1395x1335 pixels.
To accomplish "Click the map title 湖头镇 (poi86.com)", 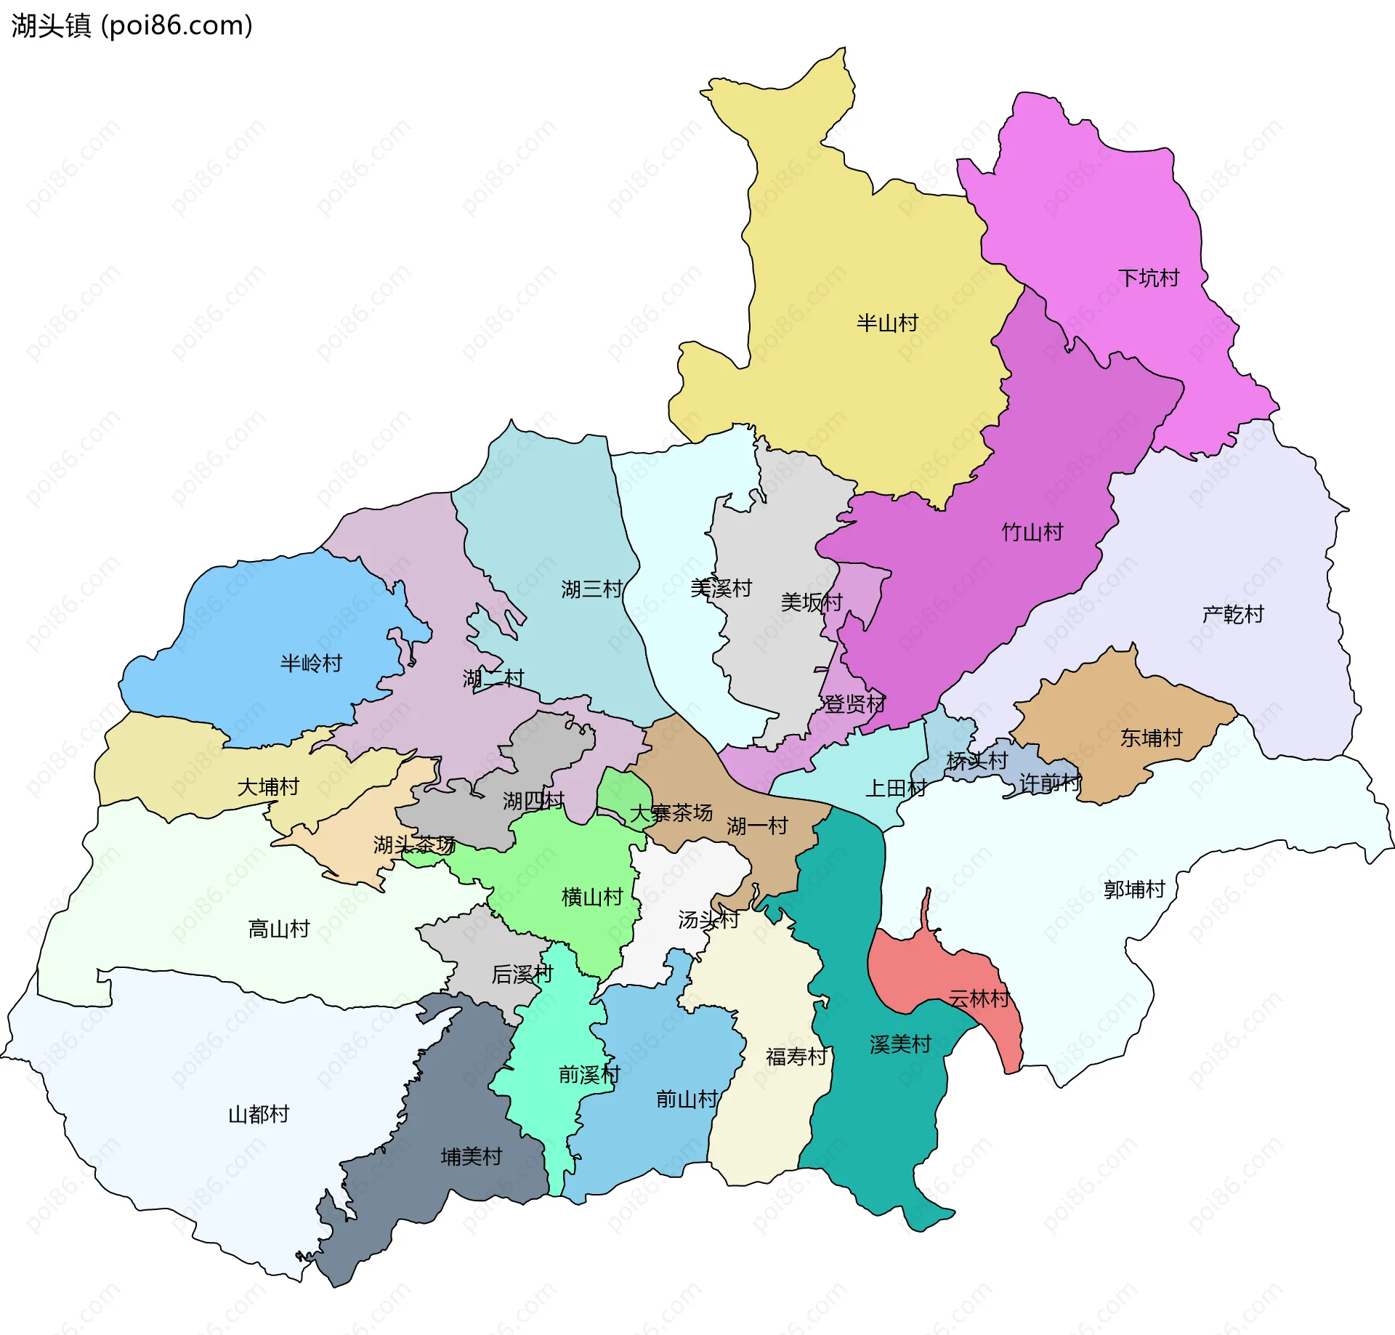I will [x=132, y=25].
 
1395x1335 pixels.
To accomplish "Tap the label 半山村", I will [x=886, y=323].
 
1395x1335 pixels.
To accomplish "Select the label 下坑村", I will [x=1148, y=278].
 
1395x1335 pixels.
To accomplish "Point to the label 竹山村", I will [x=1032, y=532].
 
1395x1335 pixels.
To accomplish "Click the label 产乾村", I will [x=1232, y=614].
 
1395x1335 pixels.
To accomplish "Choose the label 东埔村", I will [x=1151, y=738].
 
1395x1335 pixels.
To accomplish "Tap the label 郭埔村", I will [x=1133, y=889].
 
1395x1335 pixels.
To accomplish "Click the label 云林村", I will [x=979, y=999].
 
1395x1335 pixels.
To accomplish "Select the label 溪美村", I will [x=900, y=1044].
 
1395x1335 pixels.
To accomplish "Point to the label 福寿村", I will [x=796, y=1056].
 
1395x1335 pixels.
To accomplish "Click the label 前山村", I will [x=687, y=1098].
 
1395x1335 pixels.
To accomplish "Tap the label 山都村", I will [x=259, y=1113].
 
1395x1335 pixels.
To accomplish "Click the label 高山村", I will [x=279, y=928].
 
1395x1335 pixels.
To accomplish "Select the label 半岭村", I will [x=311, y=663].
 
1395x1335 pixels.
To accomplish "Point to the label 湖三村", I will [x=591, y=589].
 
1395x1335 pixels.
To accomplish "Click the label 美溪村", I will [x=721, y=588].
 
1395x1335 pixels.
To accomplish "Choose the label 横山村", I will [x=592, y=897].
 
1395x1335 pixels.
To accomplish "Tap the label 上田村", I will [x=895, y=788].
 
